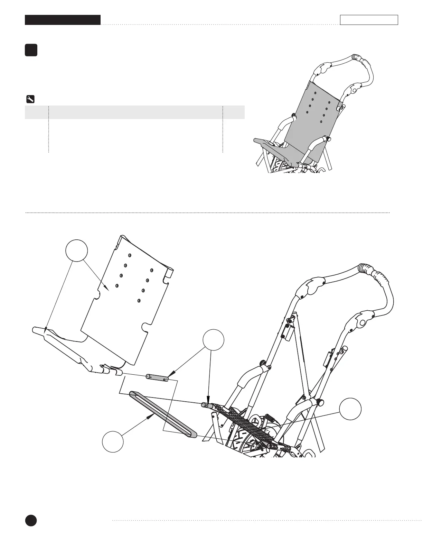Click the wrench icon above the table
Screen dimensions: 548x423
pos(30,100)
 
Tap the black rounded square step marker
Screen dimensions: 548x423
pos(31,50)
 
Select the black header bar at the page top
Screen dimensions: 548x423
pos(63,20)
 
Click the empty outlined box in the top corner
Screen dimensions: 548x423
pos(369,20)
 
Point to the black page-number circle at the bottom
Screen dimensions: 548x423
pos(31,520)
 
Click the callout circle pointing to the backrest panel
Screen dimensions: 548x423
pos(77,250)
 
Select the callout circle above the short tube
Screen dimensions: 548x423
pos(213,340)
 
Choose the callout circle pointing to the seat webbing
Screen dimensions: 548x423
pos(350,409)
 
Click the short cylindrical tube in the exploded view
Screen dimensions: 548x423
pos(157,377)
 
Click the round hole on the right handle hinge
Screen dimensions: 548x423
pos(362,323)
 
